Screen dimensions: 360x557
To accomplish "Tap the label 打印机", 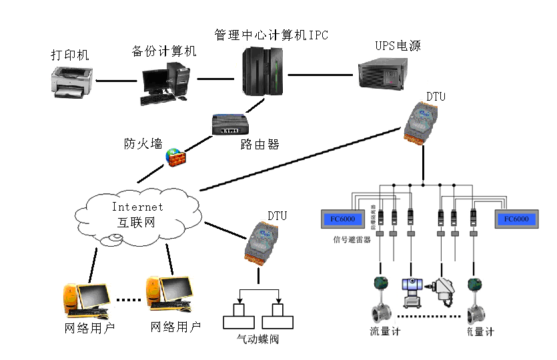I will pyautogui.click(x=70, y=55).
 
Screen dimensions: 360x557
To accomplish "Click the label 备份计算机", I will pyautogui.click(x=164, y=51).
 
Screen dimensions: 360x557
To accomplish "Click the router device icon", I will pyautogui.click(x=229, y=125).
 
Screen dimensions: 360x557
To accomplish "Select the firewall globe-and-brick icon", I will pyautogui.click(x=175, y=157).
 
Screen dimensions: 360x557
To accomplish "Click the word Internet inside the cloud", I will pyautogui.click(x=137, y=207).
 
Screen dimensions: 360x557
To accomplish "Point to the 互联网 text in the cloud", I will pyautogui.click(x=136, y=222).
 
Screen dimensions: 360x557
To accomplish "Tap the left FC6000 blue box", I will pyautogui.click(x=342, y=219).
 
